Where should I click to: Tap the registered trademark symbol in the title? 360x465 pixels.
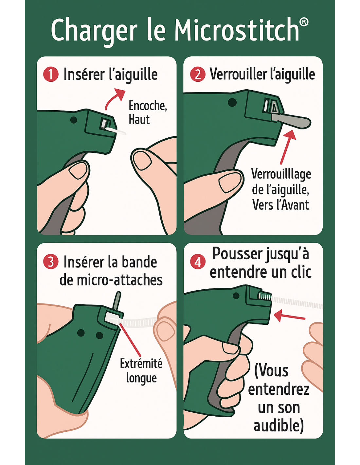304,22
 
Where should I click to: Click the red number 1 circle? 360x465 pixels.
51,74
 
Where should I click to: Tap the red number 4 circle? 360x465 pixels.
198,262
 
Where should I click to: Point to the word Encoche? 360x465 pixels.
148,106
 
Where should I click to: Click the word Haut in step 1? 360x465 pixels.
139,119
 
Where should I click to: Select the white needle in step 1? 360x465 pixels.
116,131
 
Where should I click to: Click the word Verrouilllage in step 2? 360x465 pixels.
281,174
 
